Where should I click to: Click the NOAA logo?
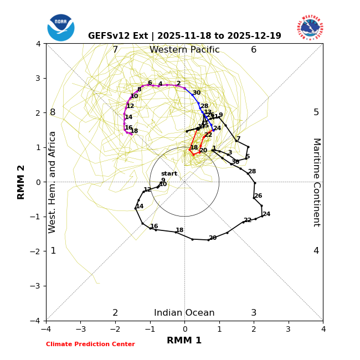pyautogui.click(x=60, y=28)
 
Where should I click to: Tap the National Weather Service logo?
pyautogui.click(x=310, y=28)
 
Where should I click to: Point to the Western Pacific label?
pyautogui.click(x=184, y=50)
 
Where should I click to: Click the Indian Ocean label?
pyautogui.click(x=184, y=313)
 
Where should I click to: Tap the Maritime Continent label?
pyautogui.click(x=316, y=182)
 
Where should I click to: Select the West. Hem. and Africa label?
pyautogui.click(x=53, y=182)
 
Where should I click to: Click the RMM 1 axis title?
pyautogui.click(x=184, y=341)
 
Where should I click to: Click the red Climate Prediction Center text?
pyautogui.click(x=90, y=344)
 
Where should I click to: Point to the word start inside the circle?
pyautogui.click(x=169, y=173)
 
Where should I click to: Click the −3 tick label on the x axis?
pyautogui.click(x=80, y=329)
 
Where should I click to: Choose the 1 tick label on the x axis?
pyautogui.click(x=219, y=329)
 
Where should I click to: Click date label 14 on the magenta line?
pyautogui.click(x=128, y=117)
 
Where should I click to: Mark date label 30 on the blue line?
pyautogui.click(x=197, y=93)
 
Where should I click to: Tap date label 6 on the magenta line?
pyautogui.click(x=150, y=83)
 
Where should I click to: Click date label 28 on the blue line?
pyautogui.click(x=204, y=106)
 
